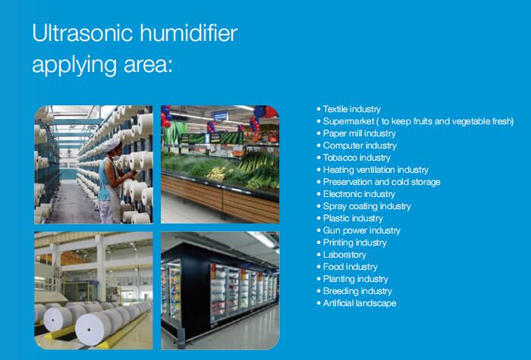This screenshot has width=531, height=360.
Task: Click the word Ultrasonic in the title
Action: (82, 33)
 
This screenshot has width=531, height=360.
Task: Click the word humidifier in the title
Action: (189, 33)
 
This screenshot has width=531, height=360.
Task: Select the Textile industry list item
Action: (351, 109)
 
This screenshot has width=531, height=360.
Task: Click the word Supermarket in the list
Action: (348, 121)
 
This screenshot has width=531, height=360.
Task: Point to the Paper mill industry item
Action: (360, 133)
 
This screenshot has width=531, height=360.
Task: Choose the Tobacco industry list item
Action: (357, 158)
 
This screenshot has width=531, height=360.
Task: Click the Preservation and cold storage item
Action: (382, 182)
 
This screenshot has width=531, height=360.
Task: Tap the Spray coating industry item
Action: (366, 206)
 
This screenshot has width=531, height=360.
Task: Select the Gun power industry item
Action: (362, 230)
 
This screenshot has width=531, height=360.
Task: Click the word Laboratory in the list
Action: (344, 255)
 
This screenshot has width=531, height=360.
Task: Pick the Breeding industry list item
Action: (357, 291)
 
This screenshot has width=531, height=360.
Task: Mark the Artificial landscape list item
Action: (360, 303)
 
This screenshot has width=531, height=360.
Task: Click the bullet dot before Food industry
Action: (319, 267)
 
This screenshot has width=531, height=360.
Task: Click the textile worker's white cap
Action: (111, 146)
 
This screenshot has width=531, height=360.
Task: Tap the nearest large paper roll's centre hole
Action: (89, 329)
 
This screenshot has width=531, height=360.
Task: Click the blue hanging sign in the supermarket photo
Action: (221, 116)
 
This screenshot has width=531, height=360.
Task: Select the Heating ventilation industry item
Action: (375, 170)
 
